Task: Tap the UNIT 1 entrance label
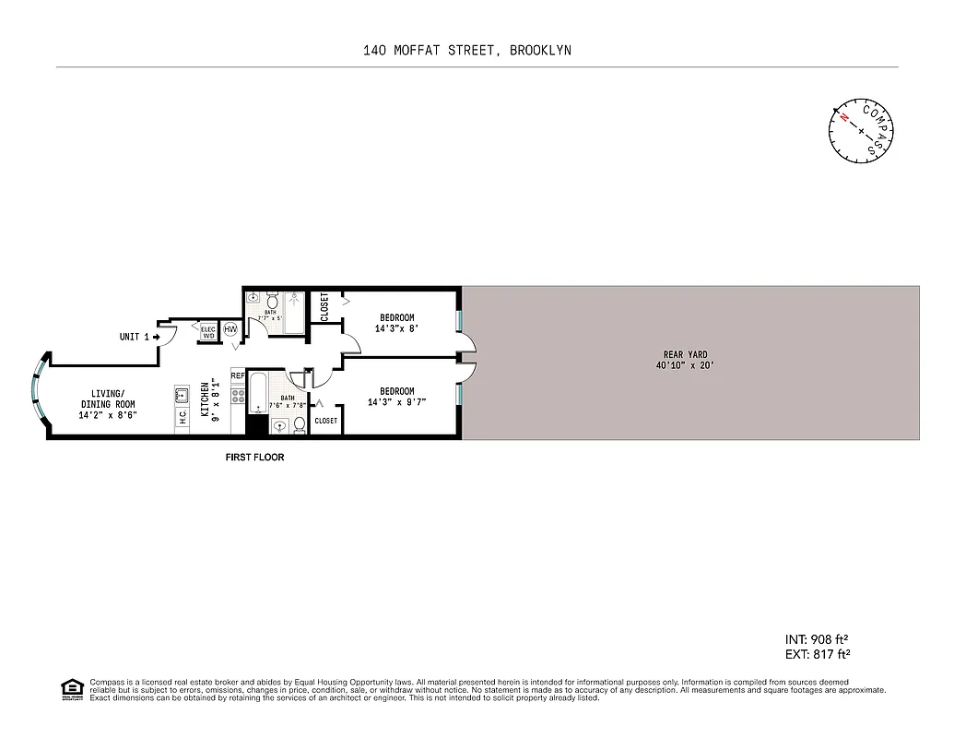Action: (x=135, y=338)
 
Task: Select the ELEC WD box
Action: (x=208, y=332)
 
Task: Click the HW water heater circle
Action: (x=230, y=330)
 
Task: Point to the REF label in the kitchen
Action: (x=237, y=376)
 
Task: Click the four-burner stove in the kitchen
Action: (x=237, y=399)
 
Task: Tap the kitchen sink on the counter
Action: (x=182, y=397)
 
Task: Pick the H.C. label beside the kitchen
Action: (x=183, y=418)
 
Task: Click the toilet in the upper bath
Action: (x=273, y=302)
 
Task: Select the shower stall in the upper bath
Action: (x=294, y=309)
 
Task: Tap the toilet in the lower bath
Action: (x=300, y=424)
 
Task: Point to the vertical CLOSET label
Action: (x=324, y=307)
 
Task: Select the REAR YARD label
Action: (x=685, y=354)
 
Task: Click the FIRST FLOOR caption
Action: (x=255, y=458)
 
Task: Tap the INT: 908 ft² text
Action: (x=816, y=639)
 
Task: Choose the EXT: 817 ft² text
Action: (x=816, y=654)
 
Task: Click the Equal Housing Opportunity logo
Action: (x=70, y=688)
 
